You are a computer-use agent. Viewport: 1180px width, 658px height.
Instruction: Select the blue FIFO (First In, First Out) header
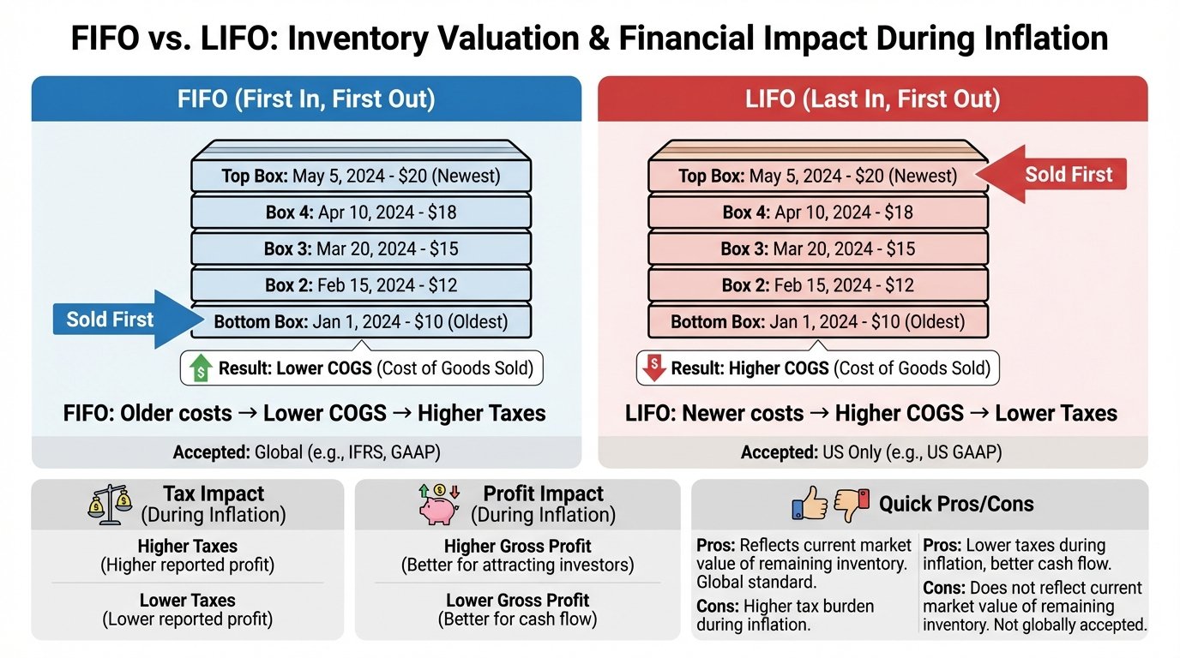coord(306,99)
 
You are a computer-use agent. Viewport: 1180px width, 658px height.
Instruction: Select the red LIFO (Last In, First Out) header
coord(872,99)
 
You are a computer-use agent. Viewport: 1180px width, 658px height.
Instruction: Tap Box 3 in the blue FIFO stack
coord(361,248)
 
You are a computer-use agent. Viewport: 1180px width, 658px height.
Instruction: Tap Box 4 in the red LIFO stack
coord(817,212)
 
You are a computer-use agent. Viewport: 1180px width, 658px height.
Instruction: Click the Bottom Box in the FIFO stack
coord(361,322)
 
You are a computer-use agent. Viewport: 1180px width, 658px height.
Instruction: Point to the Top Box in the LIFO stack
coord(817,176)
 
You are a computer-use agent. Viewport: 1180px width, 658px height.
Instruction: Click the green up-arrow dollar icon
coord(200,368)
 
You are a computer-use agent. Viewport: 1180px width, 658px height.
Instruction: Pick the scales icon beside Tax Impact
coord(110,505)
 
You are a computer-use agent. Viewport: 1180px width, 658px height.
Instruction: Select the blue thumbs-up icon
coord(810,504)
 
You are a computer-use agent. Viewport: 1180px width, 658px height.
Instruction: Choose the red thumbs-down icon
coord(852,504)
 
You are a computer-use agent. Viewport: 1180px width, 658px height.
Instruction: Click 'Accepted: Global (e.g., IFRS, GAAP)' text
coord(306,452)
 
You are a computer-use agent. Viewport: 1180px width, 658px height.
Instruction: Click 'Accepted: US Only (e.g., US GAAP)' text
coord(872,452)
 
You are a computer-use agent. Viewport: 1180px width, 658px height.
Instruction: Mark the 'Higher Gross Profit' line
coord(517,546)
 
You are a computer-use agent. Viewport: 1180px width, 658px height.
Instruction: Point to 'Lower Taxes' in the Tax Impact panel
coord(187,600)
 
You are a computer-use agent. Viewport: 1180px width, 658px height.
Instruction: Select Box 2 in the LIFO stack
coord(817,285)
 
